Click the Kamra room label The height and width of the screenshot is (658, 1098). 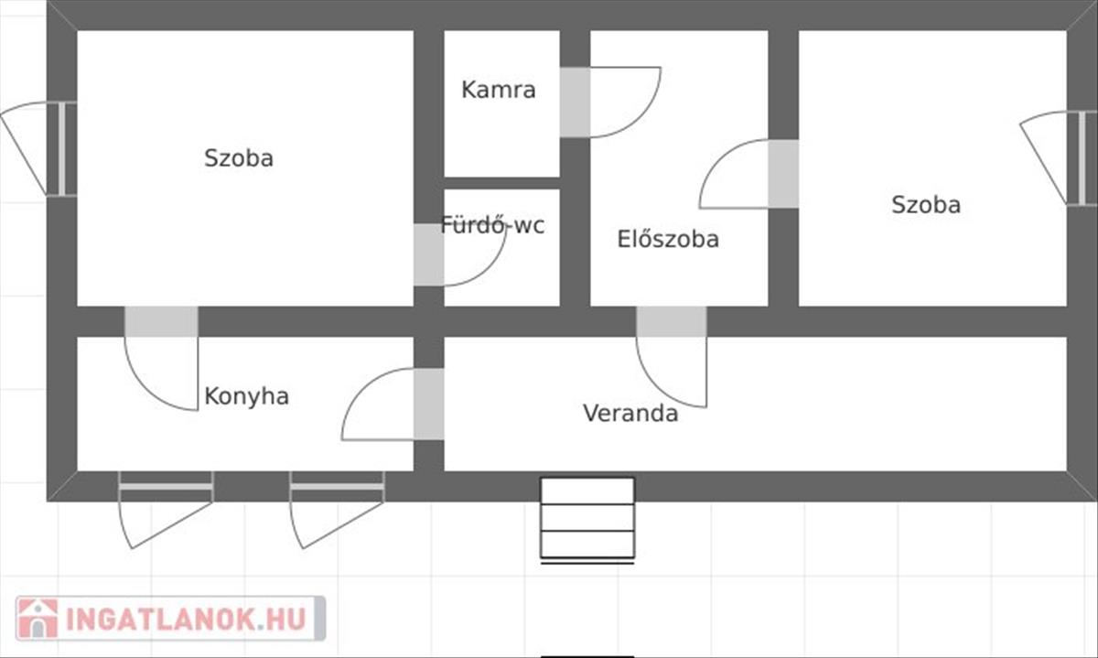[499, 90]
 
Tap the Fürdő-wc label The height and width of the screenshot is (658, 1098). [492, 225]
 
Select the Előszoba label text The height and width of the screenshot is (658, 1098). [668, 240]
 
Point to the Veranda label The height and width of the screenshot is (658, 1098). [630, 414]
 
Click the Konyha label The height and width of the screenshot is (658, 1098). [246, 396]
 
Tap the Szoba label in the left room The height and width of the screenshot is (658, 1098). [239, 158]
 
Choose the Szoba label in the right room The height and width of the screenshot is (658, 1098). [926, 204]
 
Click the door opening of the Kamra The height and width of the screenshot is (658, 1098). [575, 102]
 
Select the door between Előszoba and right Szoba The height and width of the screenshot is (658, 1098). [783, 173]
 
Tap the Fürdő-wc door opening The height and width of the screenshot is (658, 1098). [428, 254]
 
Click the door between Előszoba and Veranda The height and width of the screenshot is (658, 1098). [672, 321]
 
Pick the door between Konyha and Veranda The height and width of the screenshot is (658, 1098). [428, 404]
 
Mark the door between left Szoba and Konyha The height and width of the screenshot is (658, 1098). [161, 321]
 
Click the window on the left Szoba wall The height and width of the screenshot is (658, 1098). [62, 148]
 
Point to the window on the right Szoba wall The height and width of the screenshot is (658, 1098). [1082, 157]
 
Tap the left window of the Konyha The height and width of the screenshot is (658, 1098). [166, 486]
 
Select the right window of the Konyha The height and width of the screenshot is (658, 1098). [337, 486]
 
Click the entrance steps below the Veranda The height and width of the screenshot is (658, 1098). [587, 518]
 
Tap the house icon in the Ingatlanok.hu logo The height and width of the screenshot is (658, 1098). [38, 620]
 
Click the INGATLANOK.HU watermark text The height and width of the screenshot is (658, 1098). [188, 620]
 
